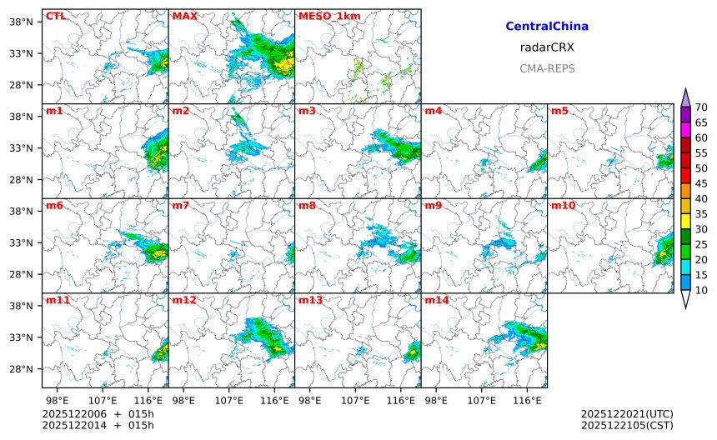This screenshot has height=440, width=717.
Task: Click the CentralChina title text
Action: [547, 27]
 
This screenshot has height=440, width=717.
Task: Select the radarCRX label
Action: [547, 47]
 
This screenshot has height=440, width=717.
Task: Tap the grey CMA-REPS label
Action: [547, 68]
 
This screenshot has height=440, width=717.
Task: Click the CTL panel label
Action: [56, 16]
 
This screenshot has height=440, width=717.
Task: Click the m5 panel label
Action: [559, 111]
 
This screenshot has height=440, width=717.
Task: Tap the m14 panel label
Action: [436, 300]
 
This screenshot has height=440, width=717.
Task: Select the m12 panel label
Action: [183, 300]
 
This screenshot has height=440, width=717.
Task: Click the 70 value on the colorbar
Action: [701, 107]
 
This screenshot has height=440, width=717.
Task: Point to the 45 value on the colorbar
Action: [701, 183]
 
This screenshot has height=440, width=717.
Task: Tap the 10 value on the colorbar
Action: [701, 290]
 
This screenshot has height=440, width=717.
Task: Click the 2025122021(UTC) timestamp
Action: [627, 413]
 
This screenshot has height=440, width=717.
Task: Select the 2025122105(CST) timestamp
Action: [627, 425]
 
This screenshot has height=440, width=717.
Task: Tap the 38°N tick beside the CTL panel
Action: [30, 22]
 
